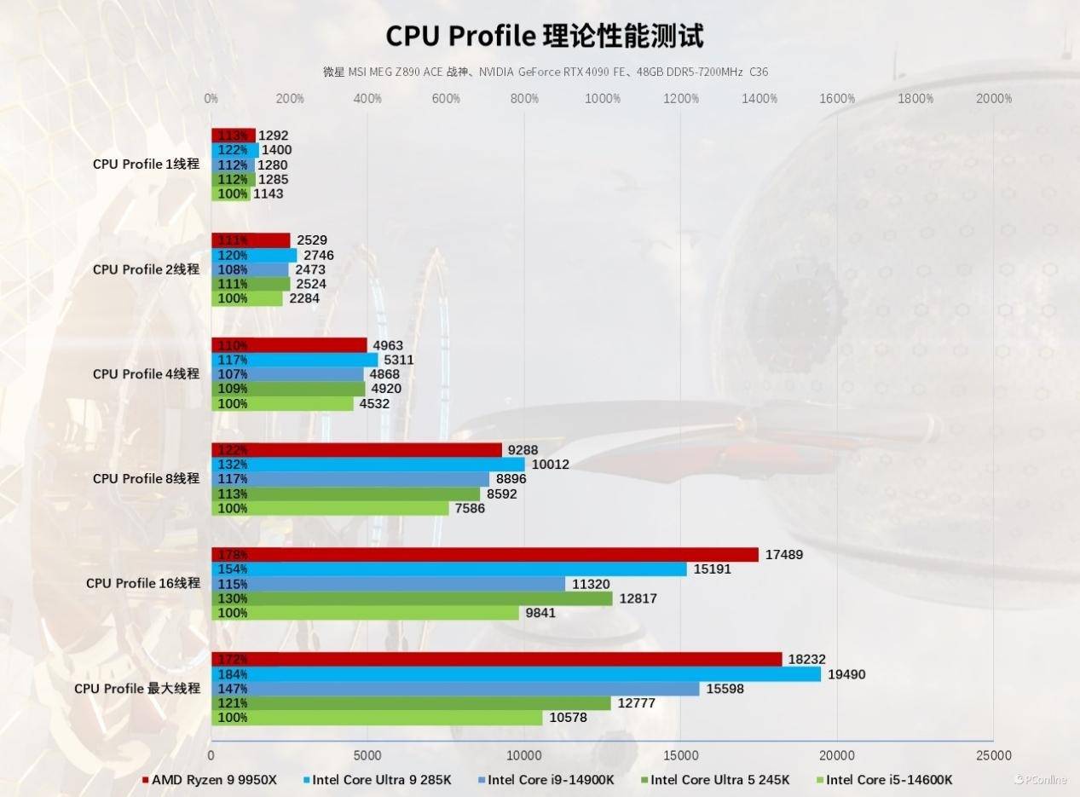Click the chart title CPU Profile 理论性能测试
(545, 36)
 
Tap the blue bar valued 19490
(516, 674)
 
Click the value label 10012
(550, 465)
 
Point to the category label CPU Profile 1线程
(146, 164)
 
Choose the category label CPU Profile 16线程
(142, 583)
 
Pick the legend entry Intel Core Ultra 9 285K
(381, 779)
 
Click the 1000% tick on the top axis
(603, 98)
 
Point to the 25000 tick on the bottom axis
(993, 755)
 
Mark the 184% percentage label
(233, 674)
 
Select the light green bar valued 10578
(376, 718)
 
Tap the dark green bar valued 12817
(412, 598)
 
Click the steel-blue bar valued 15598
(455, 689)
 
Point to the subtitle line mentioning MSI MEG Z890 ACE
(545, 72)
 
